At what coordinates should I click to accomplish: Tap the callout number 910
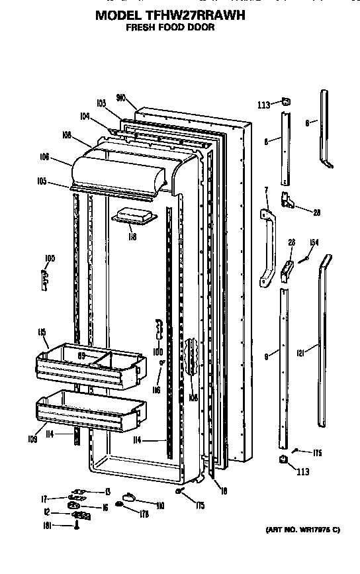click(121, 96)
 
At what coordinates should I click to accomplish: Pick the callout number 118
click(132, 236)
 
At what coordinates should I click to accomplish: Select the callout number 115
click(42, 332)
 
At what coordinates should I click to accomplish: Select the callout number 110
click(159, 505)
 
